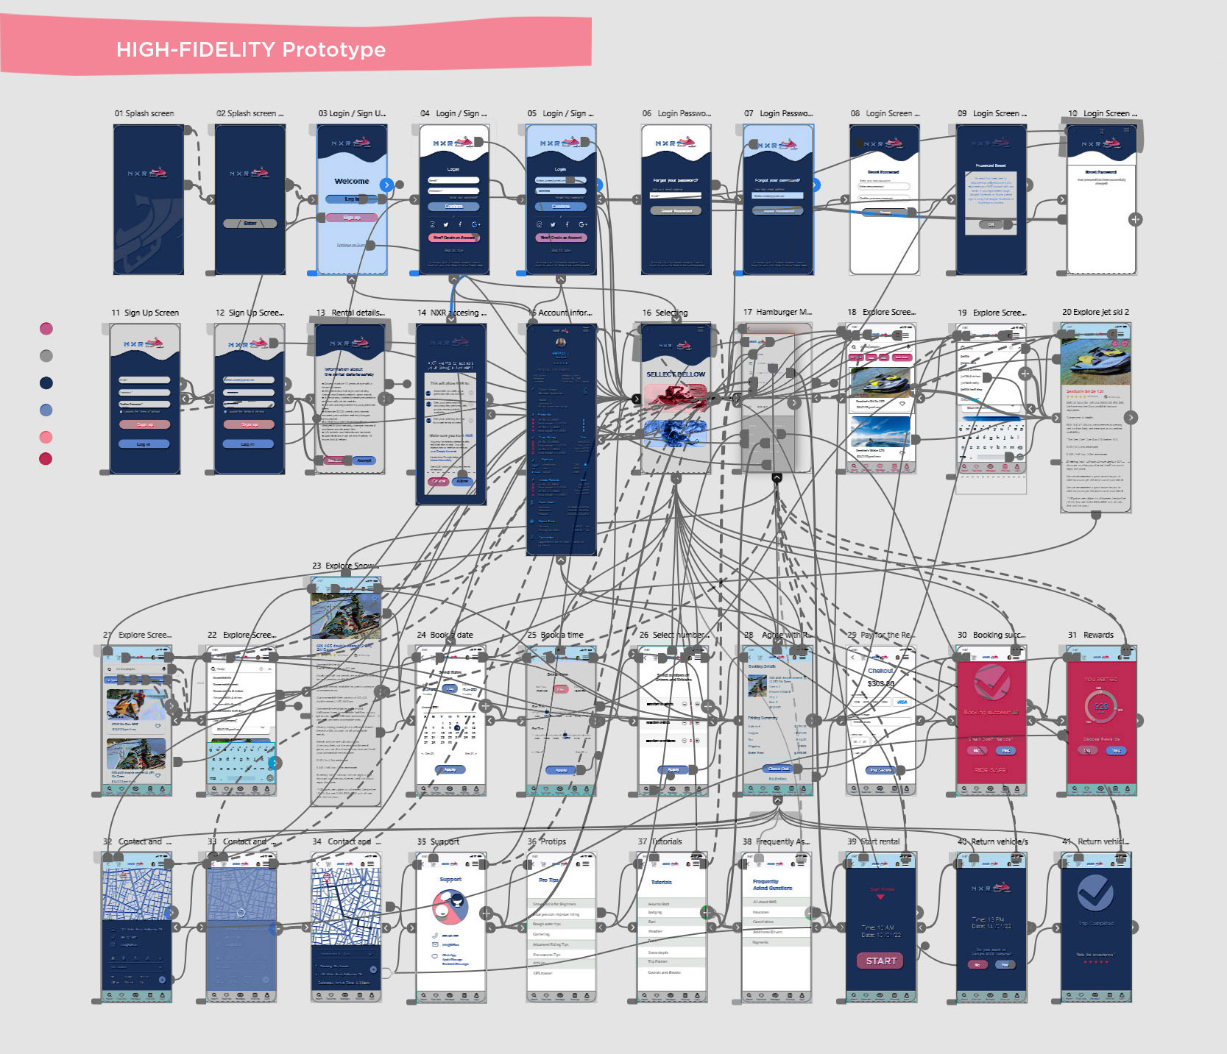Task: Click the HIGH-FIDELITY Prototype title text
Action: pos(251,49)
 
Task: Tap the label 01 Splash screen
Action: pos(144,113)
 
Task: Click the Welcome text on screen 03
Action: pos(352,181)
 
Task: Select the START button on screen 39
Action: pos(881,961)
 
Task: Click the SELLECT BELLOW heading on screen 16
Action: pos(676,374)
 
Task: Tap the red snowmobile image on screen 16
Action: pos(675,396)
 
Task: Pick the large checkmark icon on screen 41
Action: pos(1095,893)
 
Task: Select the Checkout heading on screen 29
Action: pos(880,671)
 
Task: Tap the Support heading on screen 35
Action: pos(450,879)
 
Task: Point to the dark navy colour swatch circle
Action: pos(46,382)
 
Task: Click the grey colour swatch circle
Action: pos(46,356)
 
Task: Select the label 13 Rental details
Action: pos(350,313)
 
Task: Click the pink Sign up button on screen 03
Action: pos(352,218)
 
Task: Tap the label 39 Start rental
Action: pos(874,841)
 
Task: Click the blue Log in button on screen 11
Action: pos(144,444)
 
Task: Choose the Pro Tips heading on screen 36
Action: pos(548,880)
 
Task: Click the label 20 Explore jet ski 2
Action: pos(1095,312)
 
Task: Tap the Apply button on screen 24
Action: pos(450,769)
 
